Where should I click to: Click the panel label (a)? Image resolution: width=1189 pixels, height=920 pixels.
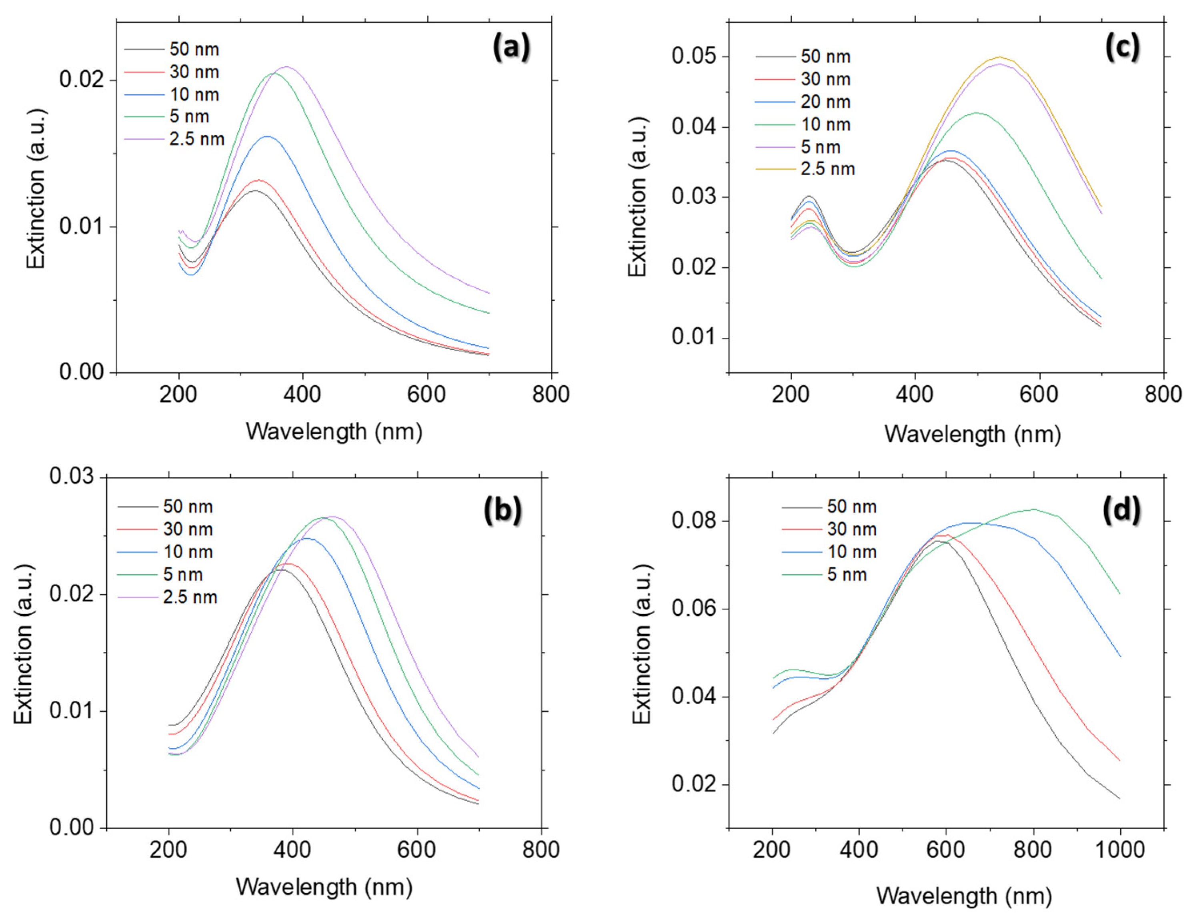pyautogui.click(x=510, y=48)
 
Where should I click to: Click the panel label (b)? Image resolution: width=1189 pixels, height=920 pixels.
pyautogui.click(x=502, y=510)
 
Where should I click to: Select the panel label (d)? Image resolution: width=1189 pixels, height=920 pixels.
pyautogui.click(x=1121, y=510)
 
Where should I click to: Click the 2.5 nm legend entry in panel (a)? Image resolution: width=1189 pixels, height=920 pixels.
pyautogui.click(x=196, y=139)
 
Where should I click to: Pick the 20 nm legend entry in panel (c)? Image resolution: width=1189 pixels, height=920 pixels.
pyautogui.click(x=825, y=102)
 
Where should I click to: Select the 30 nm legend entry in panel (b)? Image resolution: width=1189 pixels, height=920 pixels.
pyautogui.click(x=188, y=529)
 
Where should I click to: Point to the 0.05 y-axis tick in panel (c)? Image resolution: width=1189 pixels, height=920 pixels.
pyautogui.click(x=697, y=57)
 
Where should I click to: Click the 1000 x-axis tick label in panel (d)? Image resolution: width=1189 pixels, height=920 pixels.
pyautogui.click(x=1120, y=850)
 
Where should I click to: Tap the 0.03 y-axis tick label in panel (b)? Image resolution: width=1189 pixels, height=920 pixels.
pyautogui.click(x=71, y=476)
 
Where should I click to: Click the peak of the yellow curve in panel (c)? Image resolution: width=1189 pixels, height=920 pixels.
pyautogui.click(x=999, y=57)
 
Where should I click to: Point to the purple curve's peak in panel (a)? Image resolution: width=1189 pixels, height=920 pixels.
pyautogui.click(x=286, y=67)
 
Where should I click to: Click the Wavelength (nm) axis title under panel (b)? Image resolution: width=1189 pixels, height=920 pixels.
pyautogui.click(x=324, y=887)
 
